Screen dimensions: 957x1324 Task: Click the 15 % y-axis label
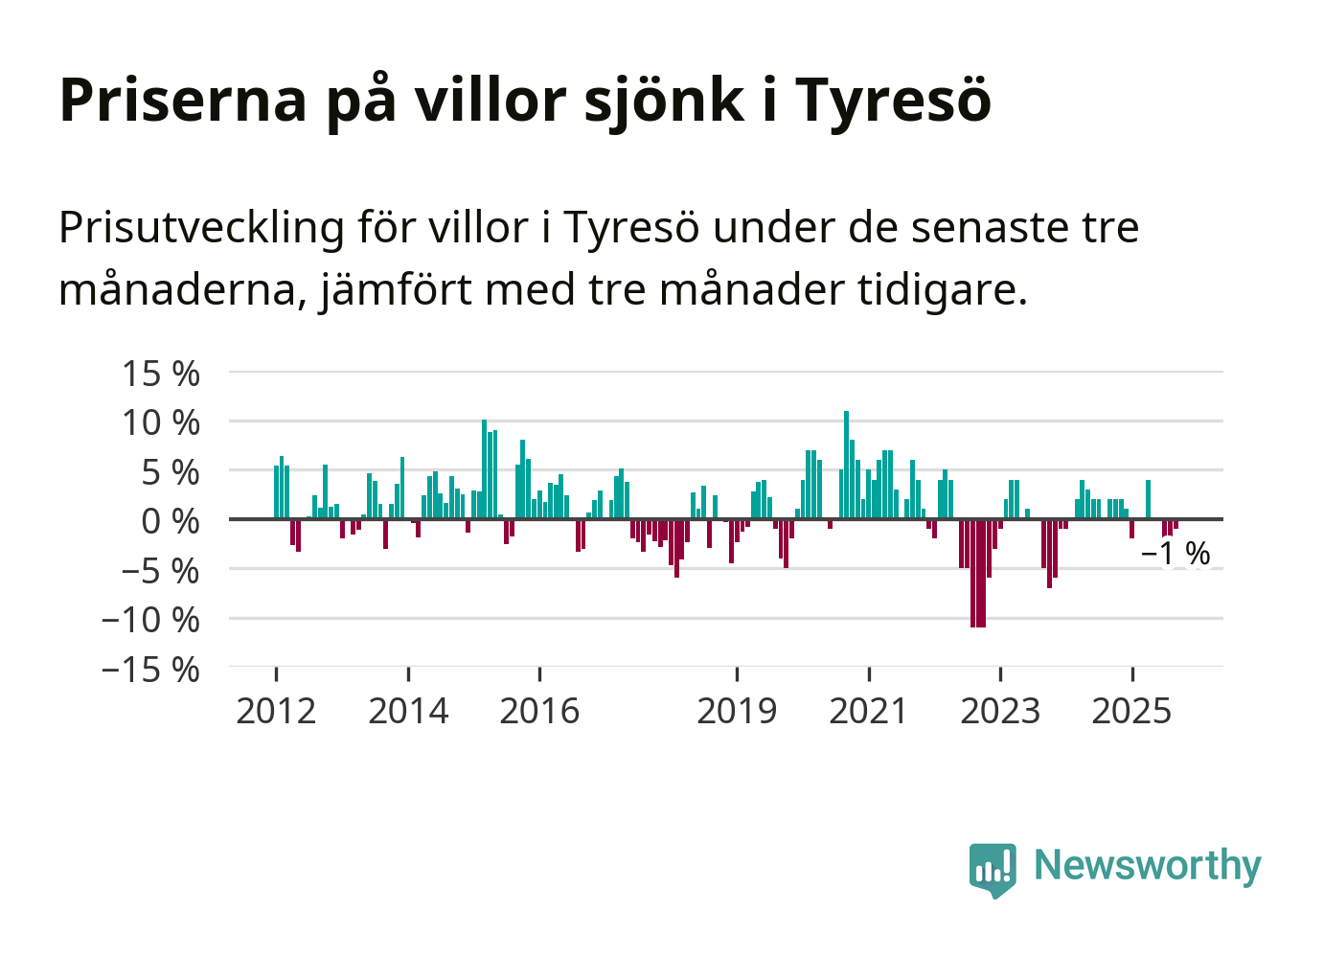tap(161, 374)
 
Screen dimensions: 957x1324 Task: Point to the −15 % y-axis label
tap(151, 670)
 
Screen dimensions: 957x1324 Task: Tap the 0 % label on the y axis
tap(171, 522)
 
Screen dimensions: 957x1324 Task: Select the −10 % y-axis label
tap(151, 620)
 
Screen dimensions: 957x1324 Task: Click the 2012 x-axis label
tap(276, 712)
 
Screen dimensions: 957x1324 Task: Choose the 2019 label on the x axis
tap(737, 712)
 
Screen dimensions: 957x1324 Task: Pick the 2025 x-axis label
tap(1131, 712)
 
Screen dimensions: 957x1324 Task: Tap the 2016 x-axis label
tap(539, 712)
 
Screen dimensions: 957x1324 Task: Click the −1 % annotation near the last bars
tap(1176, 554)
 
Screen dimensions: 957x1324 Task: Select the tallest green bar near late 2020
tap(846, 465)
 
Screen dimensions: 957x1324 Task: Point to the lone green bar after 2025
tap(1148, 499)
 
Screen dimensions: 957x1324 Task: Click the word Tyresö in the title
tap(893, 100)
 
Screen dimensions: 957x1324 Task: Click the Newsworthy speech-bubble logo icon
tap(992, 869)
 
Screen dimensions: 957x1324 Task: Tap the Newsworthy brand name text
tap(1148, 865)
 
